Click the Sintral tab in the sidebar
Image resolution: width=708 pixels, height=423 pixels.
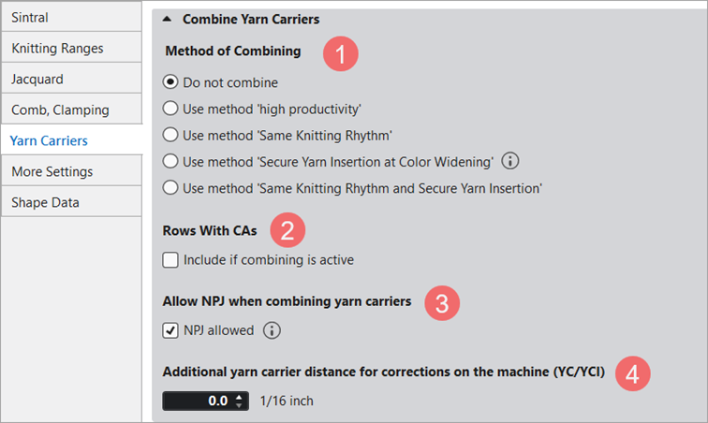(x=71, y=17)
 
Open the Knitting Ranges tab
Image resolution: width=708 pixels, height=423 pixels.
(x=71, y=48)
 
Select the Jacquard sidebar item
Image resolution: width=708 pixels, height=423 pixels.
(x=71, y=79)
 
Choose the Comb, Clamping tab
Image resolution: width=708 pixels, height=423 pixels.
(x=71, y=109)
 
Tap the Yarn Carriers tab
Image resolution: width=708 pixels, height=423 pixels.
(x=71, y=140)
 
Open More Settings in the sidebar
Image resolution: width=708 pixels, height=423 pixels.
(x=71, y=171)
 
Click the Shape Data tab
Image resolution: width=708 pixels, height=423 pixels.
(x=71, y=202)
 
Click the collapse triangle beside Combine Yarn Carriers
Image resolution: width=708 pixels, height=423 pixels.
(x=167, y=19)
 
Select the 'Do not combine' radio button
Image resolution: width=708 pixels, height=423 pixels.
(x=170, y=82)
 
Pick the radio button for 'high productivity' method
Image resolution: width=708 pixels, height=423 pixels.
(x=170, y=109)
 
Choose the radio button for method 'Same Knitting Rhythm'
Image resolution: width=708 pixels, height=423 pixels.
(x=170, y=135)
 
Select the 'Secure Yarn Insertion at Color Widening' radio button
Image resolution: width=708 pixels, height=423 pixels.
(x=170, y=161)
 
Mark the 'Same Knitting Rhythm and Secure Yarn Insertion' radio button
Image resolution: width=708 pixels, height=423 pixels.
(x=170, y=187)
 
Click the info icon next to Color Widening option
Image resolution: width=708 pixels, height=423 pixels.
(x=510, y=161)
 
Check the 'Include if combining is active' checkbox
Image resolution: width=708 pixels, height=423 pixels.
(x=170, y=260)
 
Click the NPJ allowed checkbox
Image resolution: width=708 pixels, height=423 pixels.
(x=170, y=330)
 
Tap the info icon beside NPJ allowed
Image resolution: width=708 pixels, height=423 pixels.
(x=272, y=330)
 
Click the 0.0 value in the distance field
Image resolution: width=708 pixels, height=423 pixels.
(x=217, y=401)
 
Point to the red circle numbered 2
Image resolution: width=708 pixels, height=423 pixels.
(x=288, y=230)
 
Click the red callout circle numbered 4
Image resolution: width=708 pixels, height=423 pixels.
(x=632, y=373)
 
